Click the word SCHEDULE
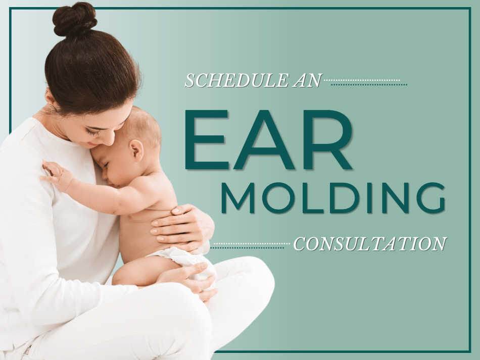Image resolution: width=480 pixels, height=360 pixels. coord(236,80)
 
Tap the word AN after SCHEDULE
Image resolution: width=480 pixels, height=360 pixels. coord(307,80)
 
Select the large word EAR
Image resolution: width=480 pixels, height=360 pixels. coord(268,139)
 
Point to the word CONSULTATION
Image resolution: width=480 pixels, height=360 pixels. coord(370,244)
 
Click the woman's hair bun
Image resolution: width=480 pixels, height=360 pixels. coord(74,20)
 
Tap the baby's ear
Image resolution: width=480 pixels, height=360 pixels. coord(136,150)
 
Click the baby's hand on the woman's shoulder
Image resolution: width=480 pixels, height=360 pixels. coord(57,175)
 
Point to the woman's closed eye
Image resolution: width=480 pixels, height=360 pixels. coord(93,132)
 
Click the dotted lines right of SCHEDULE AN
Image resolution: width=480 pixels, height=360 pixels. coord(365,83)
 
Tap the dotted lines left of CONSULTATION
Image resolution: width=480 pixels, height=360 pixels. coord(251,245)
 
